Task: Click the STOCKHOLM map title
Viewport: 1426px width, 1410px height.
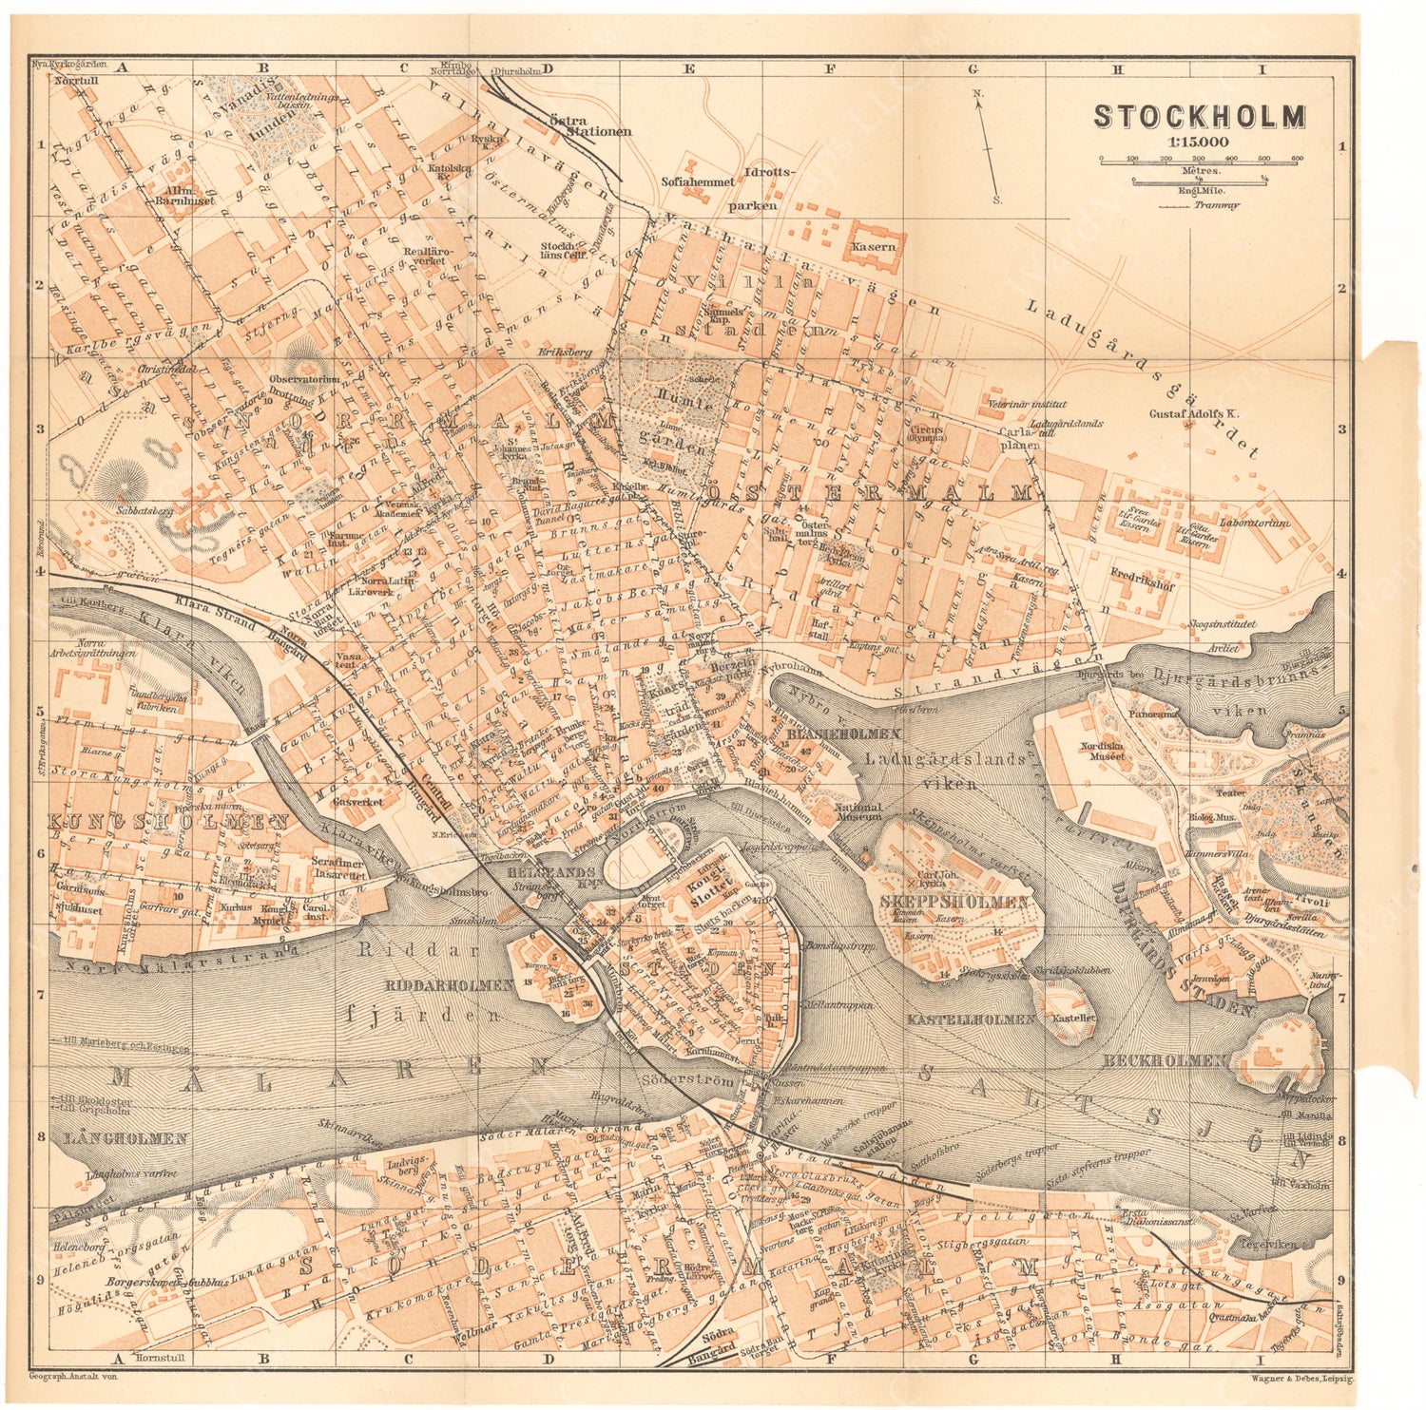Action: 1200,116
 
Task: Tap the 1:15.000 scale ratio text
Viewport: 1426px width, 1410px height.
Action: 1200,142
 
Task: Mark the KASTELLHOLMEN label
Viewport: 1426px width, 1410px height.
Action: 971,1019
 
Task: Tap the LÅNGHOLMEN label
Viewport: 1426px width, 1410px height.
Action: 120,1137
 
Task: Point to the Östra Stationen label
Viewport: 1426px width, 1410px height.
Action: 590,126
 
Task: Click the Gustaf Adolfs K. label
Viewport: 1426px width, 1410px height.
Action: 1195,414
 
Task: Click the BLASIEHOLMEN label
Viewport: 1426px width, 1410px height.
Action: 843,734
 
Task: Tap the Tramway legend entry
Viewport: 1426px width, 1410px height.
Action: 1216,204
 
